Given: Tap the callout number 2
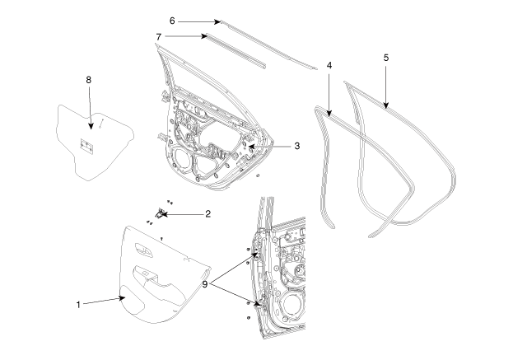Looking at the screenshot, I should pos(208,213).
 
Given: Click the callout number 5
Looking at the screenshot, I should pos(385,58).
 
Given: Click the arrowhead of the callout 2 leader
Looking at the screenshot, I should pos(162,214).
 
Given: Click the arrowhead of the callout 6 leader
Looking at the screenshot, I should pos(219,21).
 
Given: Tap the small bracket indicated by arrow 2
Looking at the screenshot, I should pos(158,213).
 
